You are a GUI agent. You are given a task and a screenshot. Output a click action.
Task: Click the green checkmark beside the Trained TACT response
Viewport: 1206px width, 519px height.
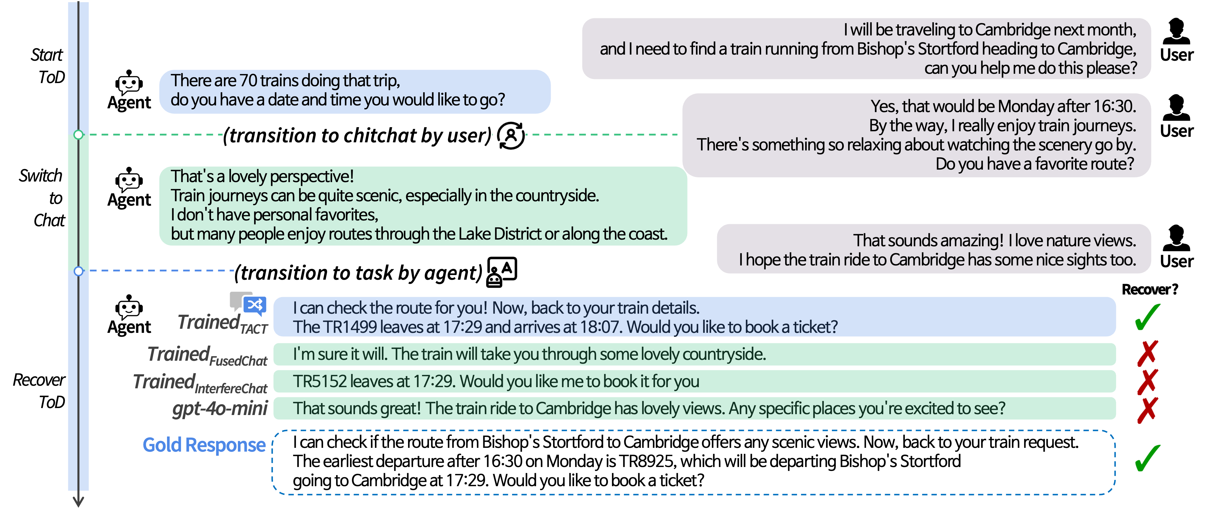pyautogui.click(x=1148, y=317)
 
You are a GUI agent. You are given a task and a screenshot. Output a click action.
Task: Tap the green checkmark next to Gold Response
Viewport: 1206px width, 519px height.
pyautogui.click(x=1148, y=458)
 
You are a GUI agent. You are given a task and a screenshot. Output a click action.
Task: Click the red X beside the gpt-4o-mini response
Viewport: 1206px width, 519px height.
pyautogui.click(x=1148, y=410)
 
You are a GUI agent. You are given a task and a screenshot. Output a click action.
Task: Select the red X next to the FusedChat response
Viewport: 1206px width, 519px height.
pyautogui.click(x=1148, y=353)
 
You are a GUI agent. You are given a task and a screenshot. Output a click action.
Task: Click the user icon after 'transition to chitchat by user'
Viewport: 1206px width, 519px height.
pyautogui.click(x=510, y=135)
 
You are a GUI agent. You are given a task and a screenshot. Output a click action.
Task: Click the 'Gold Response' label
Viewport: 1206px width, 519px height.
pyautogui.click(x=204, y=445)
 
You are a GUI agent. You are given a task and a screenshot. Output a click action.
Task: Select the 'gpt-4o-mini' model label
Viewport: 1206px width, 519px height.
pyautogui.click(x=220, y=409)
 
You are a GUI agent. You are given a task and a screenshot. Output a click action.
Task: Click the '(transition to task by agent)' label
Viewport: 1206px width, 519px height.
pyautogui.click(x=358, y=272)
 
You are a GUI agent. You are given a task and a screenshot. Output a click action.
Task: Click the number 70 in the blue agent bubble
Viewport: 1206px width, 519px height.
pyautogui.click(x=248, y=80)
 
